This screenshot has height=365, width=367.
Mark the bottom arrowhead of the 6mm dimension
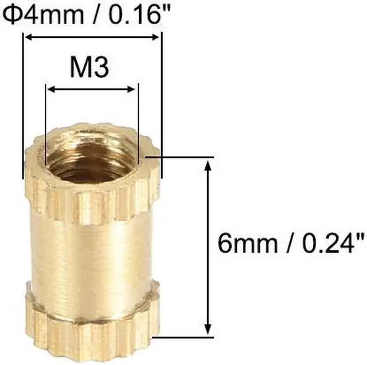click(x=207, y=329)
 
